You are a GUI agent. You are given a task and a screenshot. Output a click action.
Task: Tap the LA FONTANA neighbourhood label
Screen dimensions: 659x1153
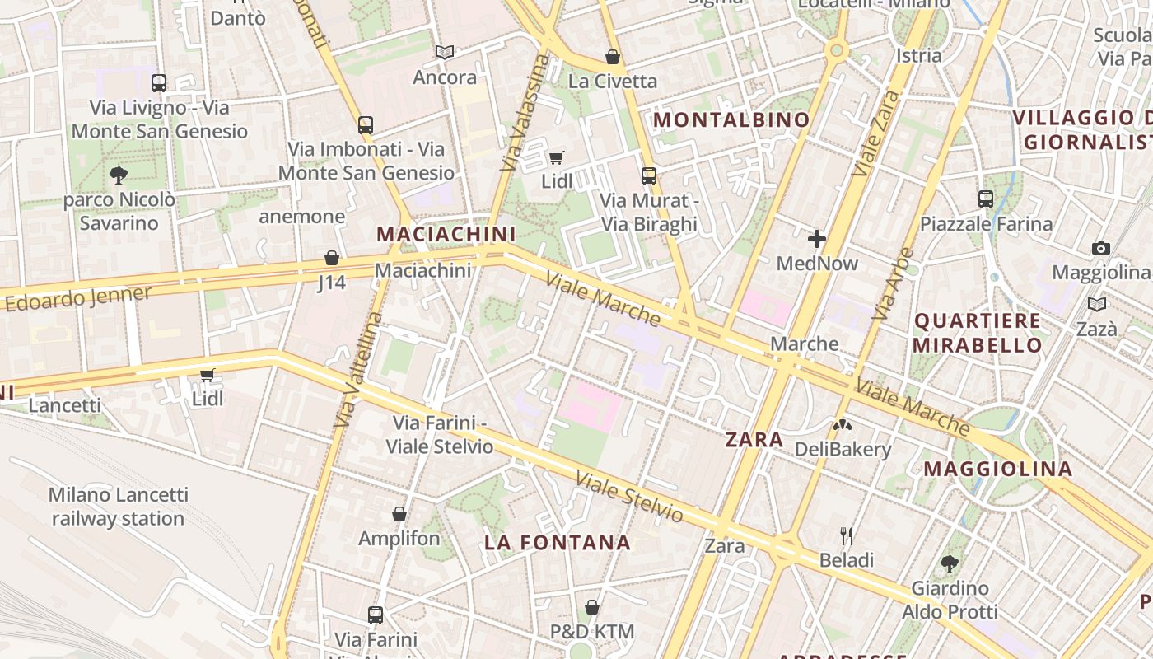[x=557, y=543]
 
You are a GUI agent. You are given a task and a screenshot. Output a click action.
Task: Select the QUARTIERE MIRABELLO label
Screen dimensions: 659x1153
[x=978, y=333]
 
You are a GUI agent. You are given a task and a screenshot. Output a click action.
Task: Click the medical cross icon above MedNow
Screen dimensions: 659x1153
[x=817, y=240]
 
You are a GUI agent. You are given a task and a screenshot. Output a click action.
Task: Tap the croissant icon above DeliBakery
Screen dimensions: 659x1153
[x=843, y=426]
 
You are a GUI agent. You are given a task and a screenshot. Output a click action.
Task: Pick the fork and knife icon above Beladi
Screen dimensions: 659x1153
[x=847, y=536]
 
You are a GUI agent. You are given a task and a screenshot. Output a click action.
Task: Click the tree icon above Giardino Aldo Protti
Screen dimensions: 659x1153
[x=950, y=564]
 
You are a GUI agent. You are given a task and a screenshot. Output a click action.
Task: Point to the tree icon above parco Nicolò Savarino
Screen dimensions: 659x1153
[x=119, y=175]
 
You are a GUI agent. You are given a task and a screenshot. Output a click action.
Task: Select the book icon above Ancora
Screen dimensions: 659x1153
[x=445, y=53]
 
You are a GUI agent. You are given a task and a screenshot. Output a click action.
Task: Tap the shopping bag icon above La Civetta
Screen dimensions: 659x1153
[x=613, y=57]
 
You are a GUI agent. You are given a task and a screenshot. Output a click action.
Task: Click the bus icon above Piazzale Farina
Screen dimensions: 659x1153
[x=986, y=199]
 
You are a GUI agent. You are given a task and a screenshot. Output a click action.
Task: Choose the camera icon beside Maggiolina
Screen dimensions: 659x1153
[x=1101, y=248]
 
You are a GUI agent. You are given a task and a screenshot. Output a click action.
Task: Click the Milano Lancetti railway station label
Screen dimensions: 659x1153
[x=118, y=507]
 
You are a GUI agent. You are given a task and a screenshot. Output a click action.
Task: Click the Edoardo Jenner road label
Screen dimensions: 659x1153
[x=79, y=298]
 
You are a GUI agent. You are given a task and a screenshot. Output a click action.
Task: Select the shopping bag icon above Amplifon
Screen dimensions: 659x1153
[x=399, y=515]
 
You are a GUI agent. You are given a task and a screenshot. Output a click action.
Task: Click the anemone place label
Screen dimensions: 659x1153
[x=301, y=217]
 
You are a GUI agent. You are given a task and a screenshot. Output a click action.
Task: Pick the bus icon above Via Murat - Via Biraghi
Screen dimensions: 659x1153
[x=649, y=175]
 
